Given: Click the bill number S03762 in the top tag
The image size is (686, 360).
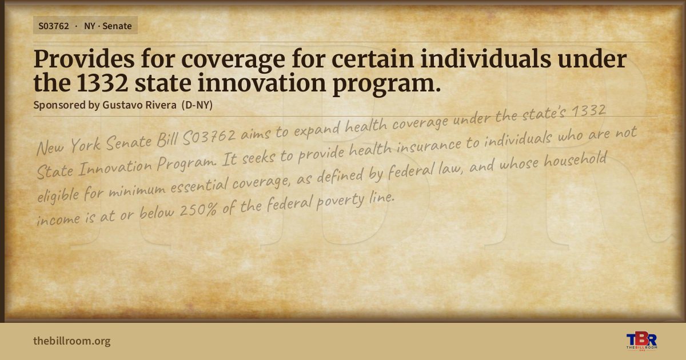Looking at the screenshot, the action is click(54, 26).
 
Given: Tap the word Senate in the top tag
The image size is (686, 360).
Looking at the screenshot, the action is click(117, 26).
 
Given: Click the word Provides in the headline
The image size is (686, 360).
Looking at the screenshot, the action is click(84, 59).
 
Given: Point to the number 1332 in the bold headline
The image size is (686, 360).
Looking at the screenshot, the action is click(102, 83).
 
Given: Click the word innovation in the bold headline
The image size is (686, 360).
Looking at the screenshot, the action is click(262, 83).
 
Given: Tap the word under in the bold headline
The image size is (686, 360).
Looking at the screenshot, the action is click(592, 59).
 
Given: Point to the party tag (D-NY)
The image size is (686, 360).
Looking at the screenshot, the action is click(197, 105).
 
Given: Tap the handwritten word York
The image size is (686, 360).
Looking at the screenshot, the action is click(86, 145).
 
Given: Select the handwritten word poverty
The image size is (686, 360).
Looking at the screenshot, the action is click(341, 201).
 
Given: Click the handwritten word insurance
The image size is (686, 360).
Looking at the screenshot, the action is click(429, 145).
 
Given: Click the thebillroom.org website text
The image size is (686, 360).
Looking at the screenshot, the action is click(72, 341).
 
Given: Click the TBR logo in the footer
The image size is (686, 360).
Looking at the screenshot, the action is click(641, 341).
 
